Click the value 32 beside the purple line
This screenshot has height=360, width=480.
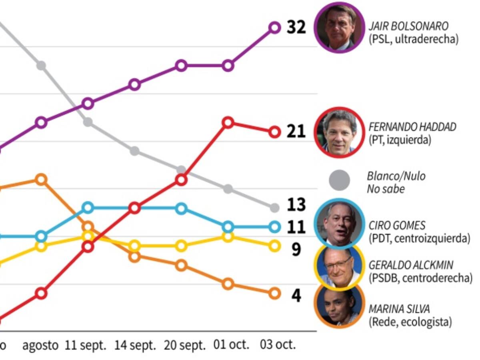(296, 27)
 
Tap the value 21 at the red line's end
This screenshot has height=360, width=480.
(296, 132)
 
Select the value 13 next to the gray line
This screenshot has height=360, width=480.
(296, 205)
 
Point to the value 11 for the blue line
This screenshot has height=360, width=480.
(296, 227)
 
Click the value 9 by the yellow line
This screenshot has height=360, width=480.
(296, 249)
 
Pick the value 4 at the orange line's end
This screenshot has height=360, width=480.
(296, 296)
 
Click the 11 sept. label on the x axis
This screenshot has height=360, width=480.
(86, 345)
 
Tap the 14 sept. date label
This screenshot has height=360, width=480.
(135, 345)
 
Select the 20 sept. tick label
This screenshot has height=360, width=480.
(184, 345)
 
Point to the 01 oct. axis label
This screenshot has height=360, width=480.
(231, 345)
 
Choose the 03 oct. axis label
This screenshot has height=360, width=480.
(278, 345)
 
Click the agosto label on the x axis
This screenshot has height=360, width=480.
(40, 345)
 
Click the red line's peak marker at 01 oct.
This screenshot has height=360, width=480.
(228, 122)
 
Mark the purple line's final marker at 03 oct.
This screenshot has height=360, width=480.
(274, 27)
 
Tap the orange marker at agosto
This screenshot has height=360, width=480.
(41, 179)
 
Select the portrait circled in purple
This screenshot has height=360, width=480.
(340, 28)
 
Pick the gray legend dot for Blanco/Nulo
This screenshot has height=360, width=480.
(339, 180)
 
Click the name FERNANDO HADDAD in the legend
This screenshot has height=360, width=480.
(412, 127)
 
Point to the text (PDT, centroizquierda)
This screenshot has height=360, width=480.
(419, 238)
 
